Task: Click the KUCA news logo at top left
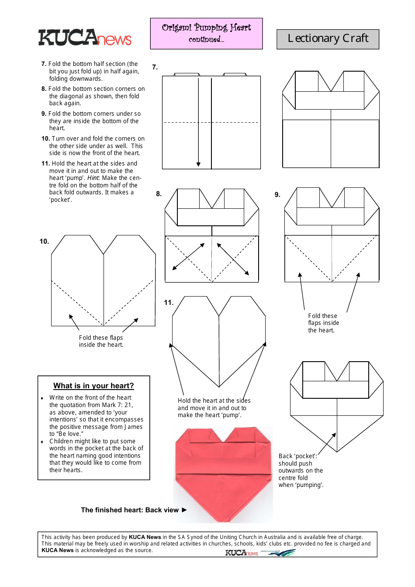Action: coord(85,38)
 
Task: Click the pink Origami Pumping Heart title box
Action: coord(206,33)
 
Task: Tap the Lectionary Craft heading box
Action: coord(328,39)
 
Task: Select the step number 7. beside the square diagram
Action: coord(155,67)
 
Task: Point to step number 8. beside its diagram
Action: coord(159,194)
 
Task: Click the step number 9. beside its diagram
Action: coord(277,195)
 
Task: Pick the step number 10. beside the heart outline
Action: coord(44,242)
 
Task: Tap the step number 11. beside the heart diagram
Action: coord(169,303)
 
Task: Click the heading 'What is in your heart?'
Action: coord(93,386)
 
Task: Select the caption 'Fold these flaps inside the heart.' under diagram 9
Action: coord(323,323)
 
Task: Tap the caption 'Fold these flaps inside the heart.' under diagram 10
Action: coord(101,341)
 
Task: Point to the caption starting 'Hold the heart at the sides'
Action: coord(214,408)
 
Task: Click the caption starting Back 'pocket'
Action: coord(301,470)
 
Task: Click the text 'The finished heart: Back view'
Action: coord(130,510)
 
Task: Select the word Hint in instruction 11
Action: coord(93,178)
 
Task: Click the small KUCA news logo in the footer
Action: coord(242,553)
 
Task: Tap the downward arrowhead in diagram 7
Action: coord(198,164)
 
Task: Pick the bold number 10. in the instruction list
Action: coord(45,139)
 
